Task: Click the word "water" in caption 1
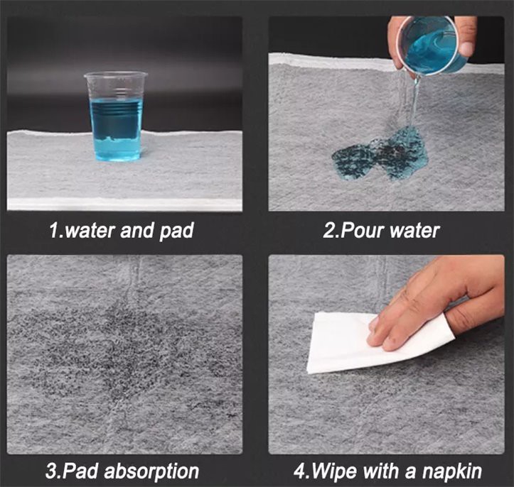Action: [x=90, y=231]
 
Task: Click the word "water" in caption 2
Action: [x=414, y=231]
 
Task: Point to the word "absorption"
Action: [x=151, y=471]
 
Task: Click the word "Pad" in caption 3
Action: [x=80, y=471]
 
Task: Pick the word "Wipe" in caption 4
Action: [x=334, y=471]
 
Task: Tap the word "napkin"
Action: [x=452, y=471]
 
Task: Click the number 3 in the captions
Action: [x=51, y=471]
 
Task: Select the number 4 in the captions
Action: [x=300, y=471]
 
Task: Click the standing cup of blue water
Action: [x=115, y=116]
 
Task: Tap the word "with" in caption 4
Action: [x=381, y=471]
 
